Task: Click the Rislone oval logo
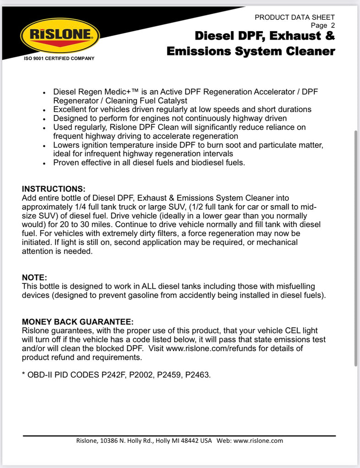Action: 59,35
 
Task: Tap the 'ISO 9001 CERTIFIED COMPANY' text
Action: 59,58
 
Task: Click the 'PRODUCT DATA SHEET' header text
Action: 295,17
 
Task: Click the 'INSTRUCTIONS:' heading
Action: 54,189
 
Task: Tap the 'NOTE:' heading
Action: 34,277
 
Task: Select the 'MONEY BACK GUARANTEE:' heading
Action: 78,321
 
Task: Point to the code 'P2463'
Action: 198,375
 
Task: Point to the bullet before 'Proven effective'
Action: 44,163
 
